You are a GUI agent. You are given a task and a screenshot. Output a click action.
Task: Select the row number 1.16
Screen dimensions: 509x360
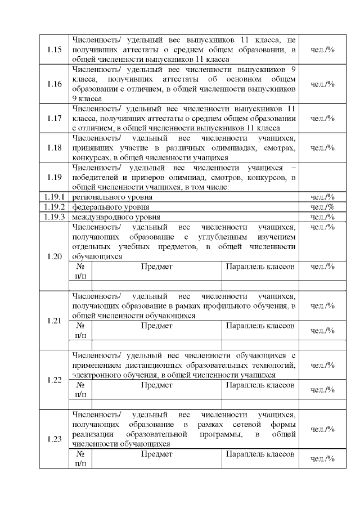pyautogui.click(x=54, y=84)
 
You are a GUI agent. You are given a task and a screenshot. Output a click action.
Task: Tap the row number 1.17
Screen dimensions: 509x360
pyautogui.click(x=54, y=119)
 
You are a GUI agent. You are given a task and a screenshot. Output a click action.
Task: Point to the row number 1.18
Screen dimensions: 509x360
pyautogui.click(x=54, y=148)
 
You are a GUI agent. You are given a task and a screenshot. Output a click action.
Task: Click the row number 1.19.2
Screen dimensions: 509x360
pyautogui.click(x=54, y=207)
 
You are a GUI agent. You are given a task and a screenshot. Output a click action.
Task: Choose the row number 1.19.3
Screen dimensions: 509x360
pyautogui.click(x=54, y=217)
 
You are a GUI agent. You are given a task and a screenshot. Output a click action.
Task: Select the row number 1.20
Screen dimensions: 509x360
pyautogui.click(x=54, y=256)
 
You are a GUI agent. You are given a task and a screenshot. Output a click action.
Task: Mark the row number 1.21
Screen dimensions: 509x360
pyautogui.click(x=54, y=321)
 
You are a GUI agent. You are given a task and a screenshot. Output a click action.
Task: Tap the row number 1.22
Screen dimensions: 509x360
pyautogui.click(x=54, y=380)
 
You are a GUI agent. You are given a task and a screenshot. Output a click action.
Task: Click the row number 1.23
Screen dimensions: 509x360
pyautogui.click(x=54, y=439)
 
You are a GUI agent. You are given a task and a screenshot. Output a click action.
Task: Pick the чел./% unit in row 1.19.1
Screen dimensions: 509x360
pyautogui.click(x=322, y=197)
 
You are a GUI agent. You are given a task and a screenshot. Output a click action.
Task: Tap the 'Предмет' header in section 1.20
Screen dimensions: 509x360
pyautogui.click(x=156, y=267)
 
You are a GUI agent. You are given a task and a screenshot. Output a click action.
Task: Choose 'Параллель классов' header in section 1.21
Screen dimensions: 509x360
pyautogui.click(x=260, y=326)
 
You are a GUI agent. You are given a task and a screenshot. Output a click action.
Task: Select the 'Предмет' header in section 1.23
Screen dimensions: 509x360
pyautogui.click(x=156, y=454)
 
